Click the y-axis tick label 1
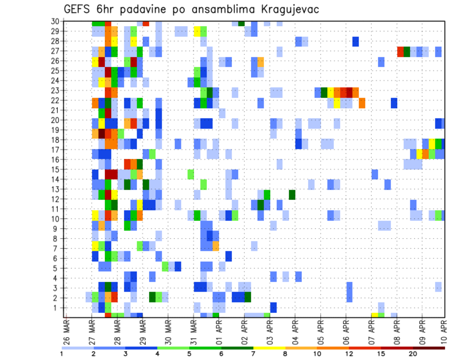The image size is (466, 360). (x=57, y=308)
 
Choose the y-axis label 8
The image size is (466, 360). (x=57, y=238)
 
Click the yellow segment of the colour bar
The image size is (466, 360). (x=269, y=348)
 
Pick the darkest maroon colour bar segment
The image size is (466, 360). (x=429, y=348)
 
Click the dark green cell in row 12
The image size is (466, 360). (x=292, y=195)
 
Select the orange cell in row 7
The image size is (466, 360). (x=216, y=246)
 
